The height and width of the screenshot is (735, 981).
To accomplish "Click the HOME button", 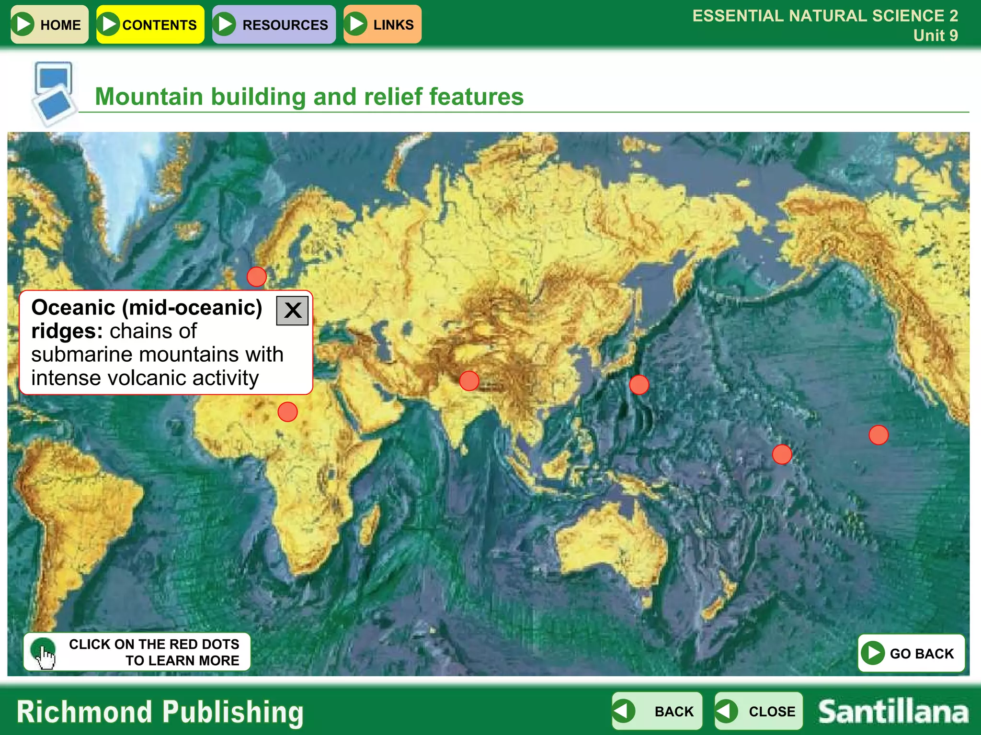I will (49, 24).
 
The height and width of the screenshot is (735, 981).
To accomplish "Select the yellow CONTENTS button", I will (150, 24).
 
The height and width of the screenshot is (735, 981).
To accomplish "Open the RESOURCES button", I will (274, 24).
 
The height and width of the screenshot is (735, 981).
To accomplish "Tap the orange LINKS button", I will (382, 24).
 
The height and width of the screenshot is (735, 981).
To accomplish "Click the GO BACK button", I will (911, 653).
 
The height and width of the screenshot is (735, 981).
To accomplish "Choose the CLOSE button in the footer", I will (758, 711).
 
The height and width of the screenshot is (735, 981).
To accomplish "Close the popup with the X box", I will (292, 311).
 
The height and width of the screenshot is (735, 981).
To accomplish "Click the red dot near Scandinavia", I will (257, 277).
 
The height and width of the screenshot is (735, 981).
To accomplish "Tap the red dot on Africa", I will (287, 412).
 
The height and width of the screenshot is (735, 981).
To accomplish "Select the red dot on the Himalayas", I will (469, 381).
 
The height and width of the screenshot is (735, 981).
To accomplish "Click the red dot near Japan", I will (639, 385).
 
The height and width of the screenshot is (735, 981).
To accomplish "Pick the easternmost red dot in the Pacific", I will (878, 435).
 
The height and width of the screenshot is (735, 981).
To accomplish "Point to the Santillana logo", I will (893, 712).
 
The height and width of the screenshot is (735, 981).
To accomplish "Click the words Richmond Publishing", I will (160, 712).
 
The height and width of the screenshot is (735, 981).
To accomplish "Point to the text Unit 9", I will (935, 35).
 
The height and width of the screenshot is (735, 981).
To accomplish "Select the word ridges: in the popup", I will (67, 331).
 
